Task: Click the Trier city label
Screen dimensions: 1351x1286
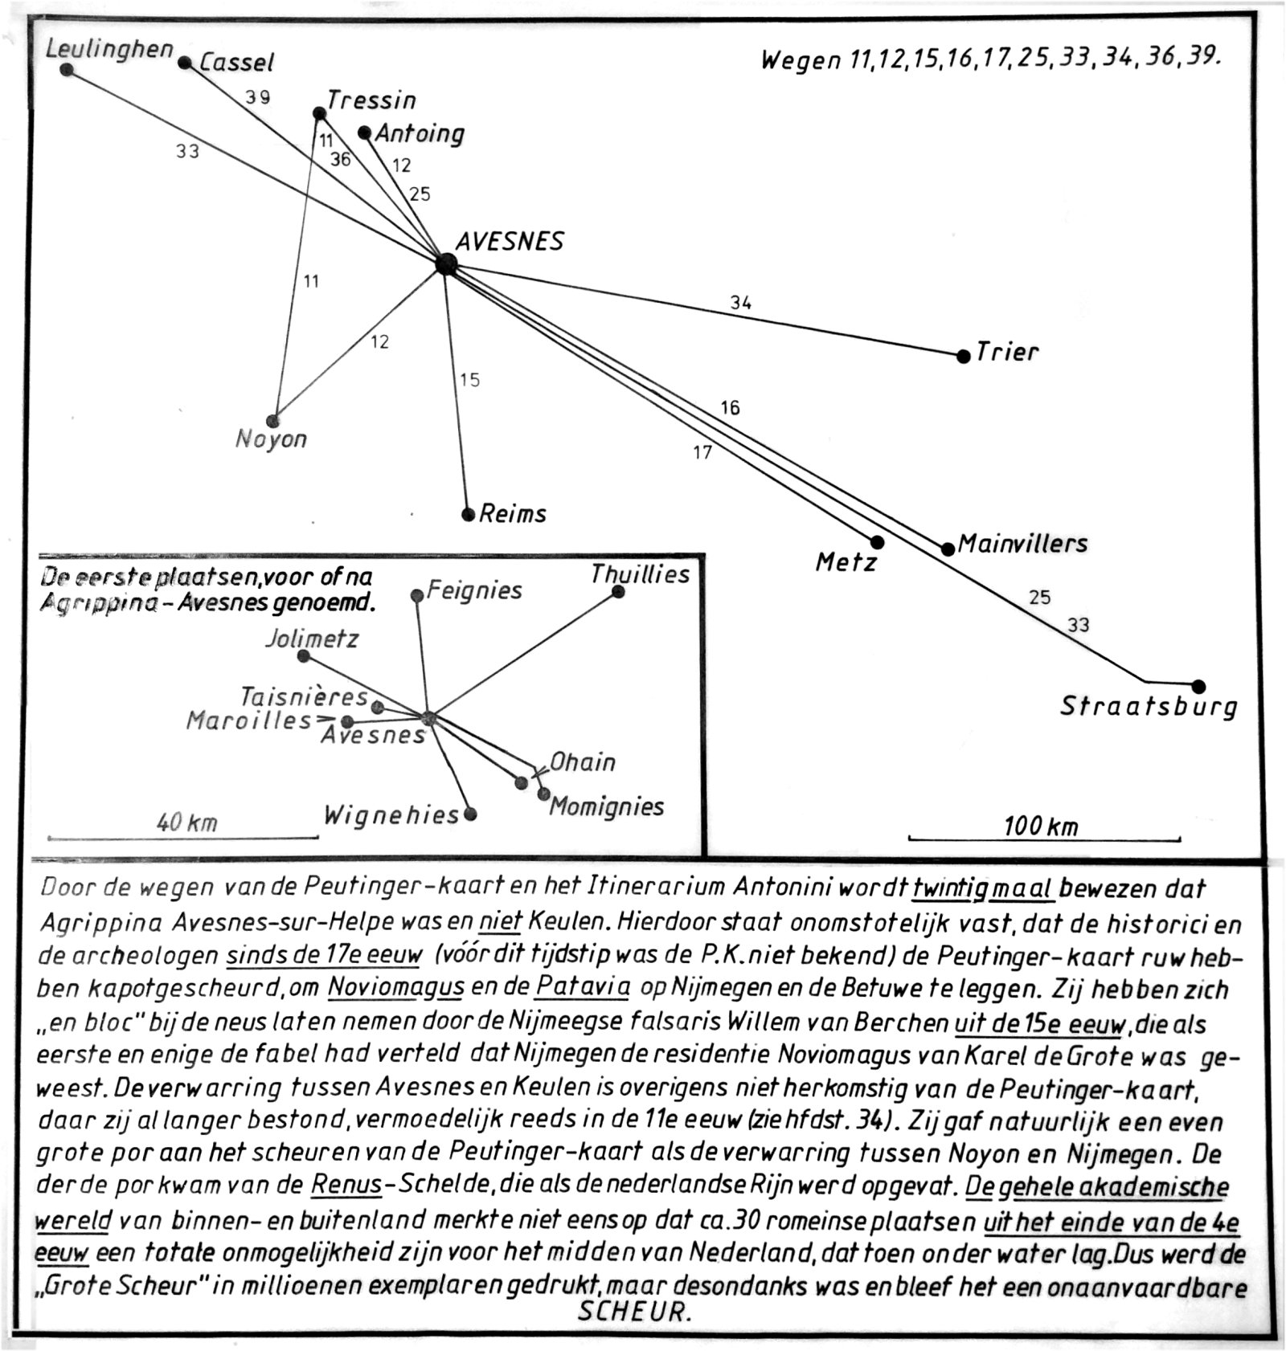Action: (1008, 352)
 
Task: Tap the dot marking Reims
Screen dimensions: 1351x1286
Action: (469, 514)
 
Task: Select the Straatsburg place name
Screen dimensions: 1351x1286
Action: (1149, 706)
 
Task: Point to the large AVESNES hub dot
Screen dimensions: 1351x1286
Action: (446, 263)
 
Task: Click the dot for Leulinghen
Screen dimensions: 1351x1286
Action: (67, 70)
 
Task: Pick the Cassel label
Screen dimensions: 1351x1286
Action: (237, 62)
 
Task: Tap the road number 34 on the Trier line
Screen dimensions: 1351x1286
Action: (740, 303)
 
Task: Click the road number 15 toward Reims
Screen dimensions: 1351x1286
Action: (469, 379)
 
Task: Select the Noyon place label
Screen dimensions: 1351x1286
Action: (271, 439)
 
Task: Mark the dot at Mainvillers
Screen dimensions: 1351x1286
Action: (948, 549)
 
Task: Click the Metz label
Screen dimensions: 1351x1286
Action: (846, 562)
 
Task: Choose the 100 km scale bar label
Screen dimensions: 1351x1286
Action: (1041, 826)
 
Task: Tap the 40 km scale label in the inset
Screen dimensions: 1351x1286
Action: (187, 822)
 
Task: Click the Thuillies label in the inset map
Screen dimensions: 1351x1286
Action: (640, 574)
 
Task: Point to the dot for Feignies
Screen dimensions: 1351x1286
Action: (416, 595)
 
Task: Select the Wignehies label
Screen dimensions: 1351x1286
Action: (391, 815)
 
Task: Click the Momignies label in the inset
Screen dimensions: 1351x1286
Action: (607, 806)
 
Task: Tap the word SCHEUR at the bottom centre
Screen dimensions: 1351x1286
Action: (633, 1312)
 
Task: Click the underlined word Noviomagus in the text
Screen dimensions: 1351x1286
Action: (396, 986)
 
